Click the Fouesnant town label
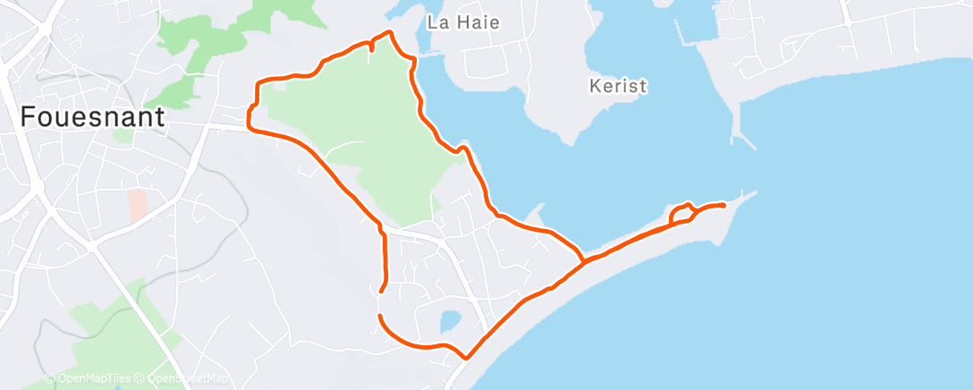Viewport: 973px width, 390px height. pos(92,117)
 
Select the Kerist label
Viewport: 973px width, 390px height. pos(618,87)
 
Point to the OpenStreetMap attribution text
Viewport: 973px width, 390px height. pos(183,379)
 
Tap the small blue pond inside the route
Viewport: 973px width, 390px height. pos(450,319)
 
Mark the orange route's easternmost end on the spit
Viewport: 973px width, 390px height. pos(723,206)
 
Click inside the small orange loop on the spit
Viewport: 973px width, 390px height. pos(680,214)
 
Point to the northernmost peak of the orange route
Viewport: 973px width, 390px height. pos(389,32)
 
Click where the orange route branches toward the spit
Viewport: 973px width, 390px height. pos(583,260)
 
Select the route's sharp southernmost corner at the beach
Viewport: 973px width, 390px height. pos(466,357)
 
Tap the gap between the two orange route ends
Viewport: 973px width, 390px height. pos(380,303)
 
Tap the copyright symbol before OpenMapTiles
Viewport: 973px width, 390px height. pos(52,379)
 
